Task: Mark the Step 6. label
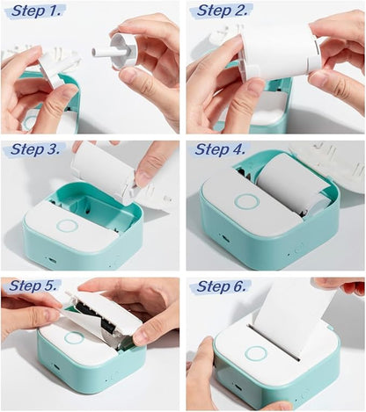tap(223, 286)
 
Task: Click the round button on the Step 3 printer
tap(67, 226)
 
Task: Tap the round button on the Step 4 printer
tap(246, 202)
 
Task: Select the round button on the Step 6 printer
tap(256, 353)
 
